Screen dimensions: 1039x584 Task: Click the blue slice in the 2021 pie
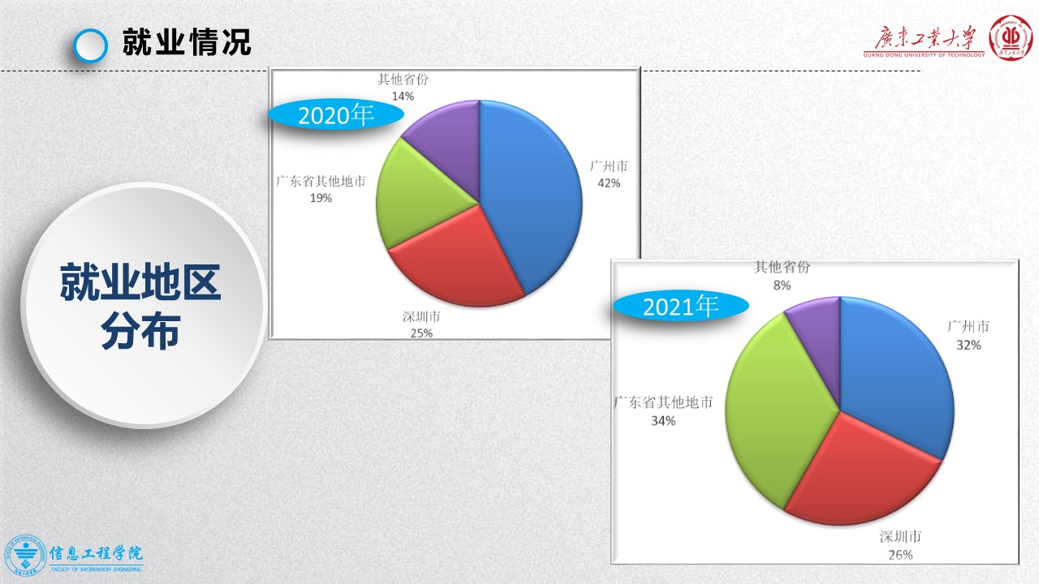[x=893, y=371]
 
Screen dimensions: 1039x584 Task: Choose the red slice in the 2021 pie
[x=858, y=473]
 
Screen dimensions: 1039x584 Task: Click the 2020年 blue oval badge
[x=336, y=115]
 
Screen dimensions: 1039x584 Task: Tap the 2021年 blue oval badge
[x=680, y=307]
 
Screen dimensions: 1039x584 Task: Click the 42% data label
[x=609, y=183]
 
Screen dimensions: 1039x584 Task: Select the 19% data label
[x=321, y=199]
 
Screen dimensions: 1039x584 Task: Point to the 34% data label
[x=663, y=421]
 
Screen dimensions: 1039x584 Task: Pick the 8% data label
[x=782, y=286]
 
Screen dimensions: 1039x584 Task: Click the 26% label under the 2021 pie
[x=900, y=555]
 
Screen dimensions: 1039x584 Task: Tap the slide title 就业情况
[x=187, y=42]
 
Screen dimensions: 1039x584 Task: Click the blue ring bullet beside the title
[x=90, y=45]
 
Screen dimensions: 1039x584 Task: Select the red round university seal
[x=1011, y=38]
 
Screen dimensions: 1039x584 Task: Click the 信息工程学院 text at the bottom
[x=96, y=553]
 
